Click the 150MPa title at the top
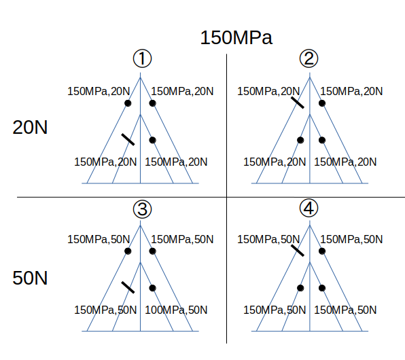click(236, 38)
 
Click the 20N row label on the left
click(30, 127)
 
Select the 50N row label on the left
click(30, 278)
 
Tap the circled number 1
click(142, 58)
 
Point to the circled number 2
click(309, 58)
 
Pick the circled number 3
click(142, 209)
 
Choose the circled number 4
click(309, 208)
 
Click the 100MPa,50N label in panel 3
click(176, 310)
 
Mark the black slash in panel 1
click(128, 139)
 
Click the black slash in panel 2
click(297, 103)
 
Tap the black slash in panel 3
click(128, 287)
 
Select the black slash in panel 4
click(297, 251)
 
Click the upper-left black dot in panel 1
click(128, 103)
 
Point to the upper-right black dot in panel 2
click(322, 103)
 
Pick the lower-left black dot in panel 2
click(300, 140)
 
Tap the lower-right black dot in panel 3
click(153, 288)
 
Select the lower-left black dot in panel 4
click(300, 288)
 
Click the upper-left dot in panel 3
click(128, 251)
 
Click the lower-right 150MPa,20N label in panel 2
click(345, 162)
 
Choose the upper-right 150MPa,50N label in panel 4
click(351, 239)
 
